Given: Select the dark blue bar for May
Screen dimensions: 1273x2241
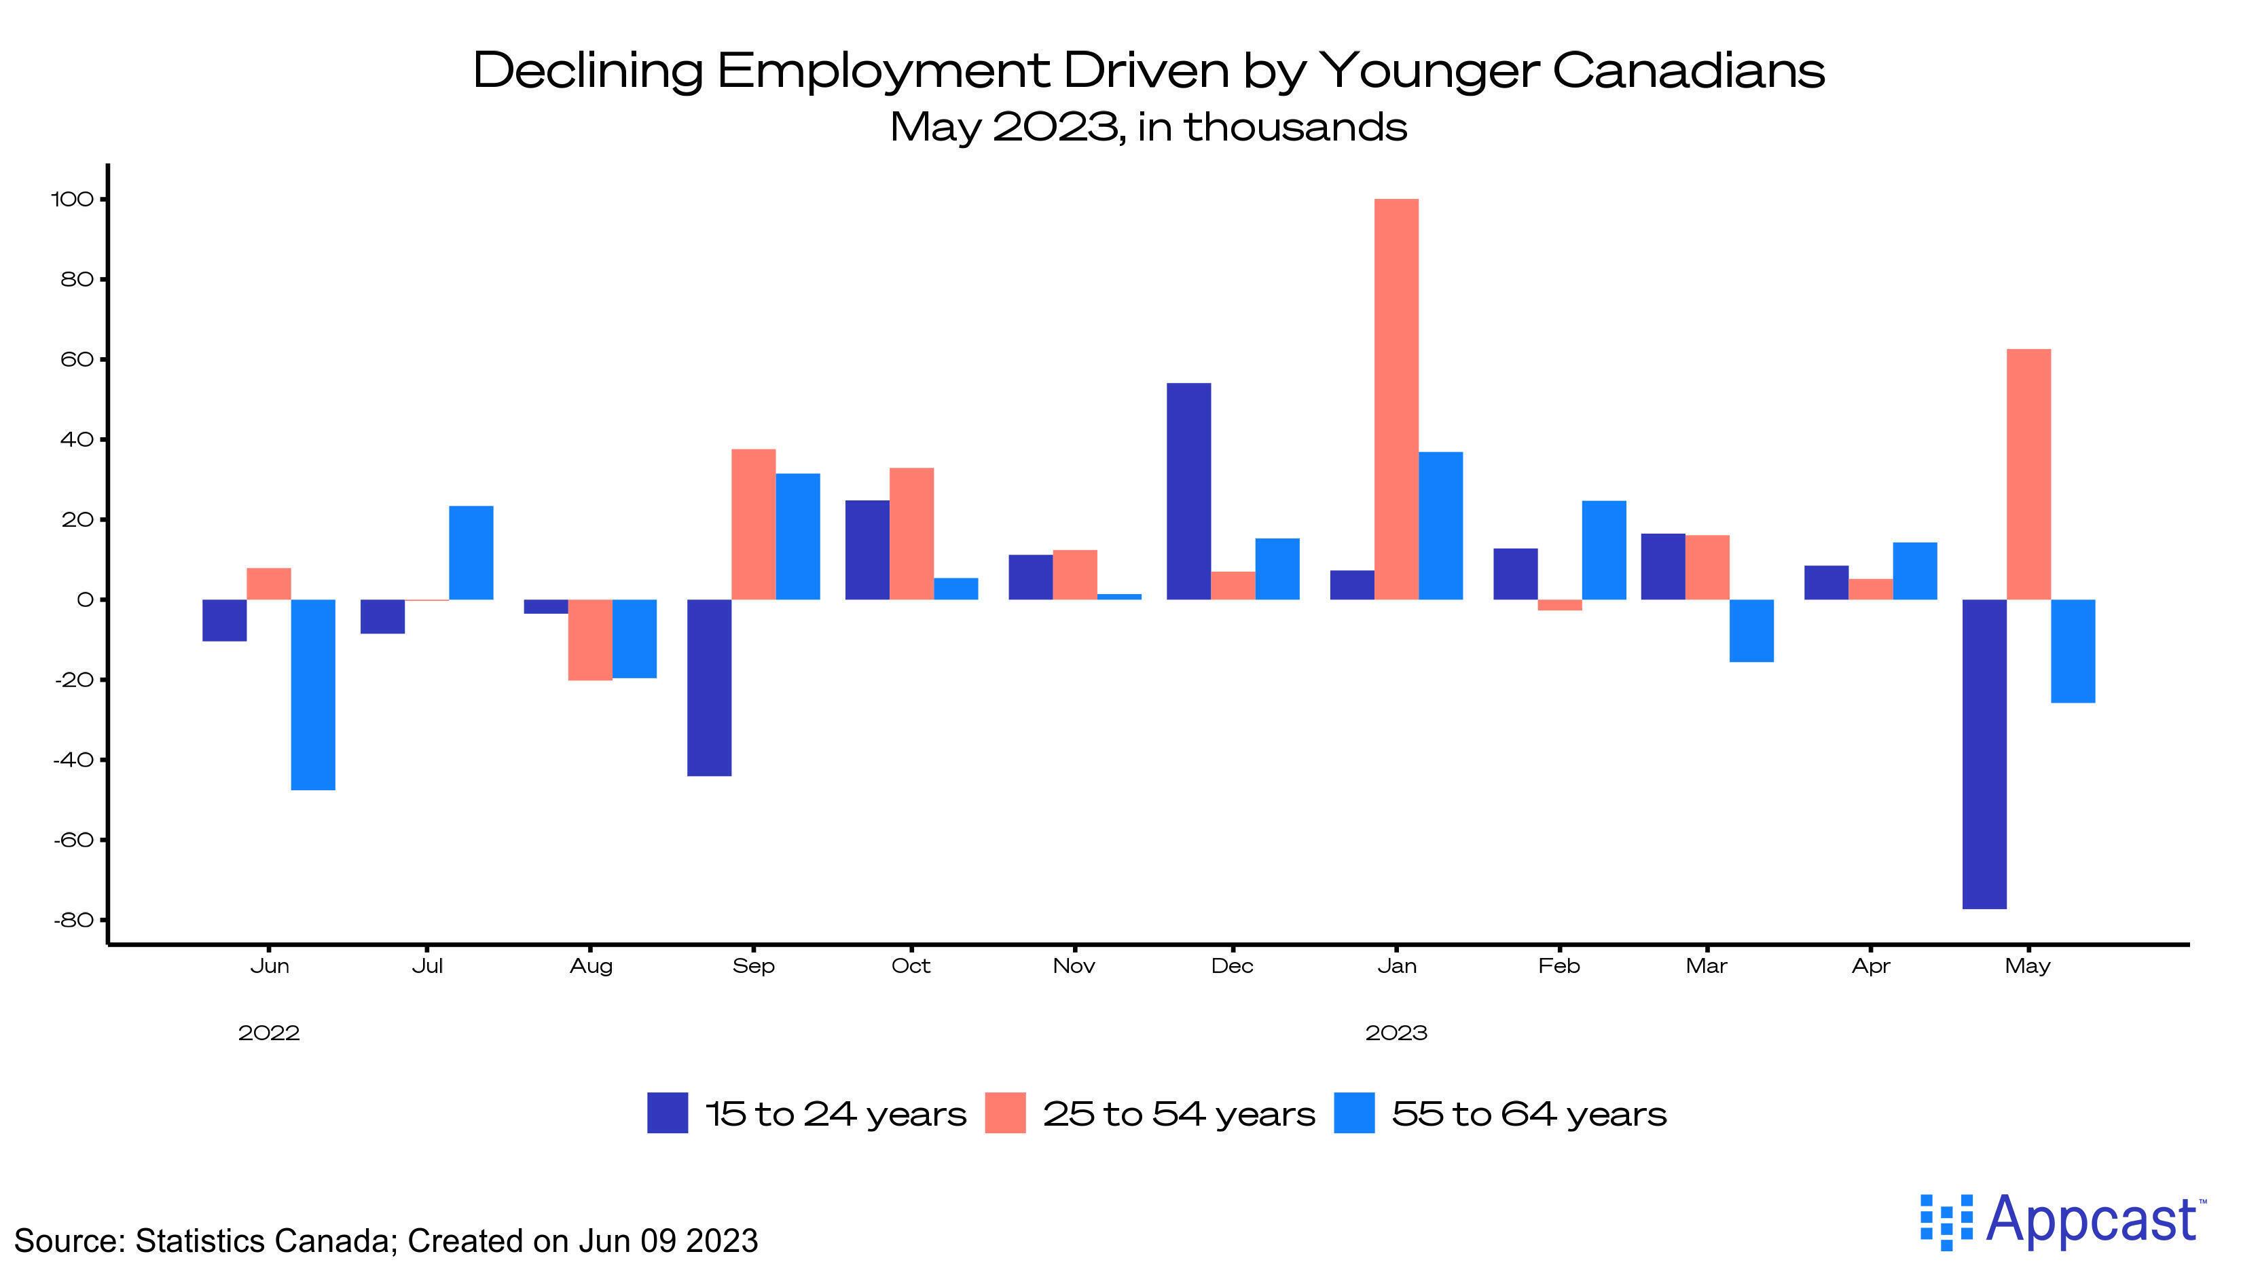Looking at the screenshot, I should coord(1984,754).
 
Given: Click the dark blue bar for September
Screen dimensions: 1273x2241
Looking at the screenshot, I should coord(709,687).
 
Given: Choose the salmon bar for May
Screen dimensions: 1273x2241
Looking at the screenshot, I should coord(2028,474).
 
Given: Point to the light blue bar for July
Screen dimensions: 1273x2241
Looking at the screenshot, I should coord(471,553).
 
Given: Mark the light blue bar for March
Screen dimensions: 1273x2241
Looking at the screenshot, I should coord(1751,630).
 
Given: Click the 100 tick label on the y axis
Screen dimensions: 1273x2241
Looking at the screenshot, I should coord(72,200).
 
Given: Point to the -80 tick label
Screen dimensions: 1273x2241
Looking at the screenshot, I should coord(73,920).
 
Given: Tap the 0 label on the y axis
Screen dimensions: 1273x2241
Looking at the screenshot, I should coord(85,599).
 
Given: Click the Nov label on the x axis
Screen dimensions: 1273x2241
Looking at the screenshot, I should coord(1074,966).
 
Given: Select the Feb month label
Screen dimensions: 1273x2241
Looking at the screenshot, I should coord(1559,966).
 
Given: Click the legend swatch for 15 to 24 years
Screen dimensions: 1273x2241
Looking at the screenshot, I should coord(667,1113).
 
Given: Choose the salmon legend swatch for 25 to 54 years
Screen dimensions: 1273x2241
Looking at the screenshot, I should coord(1004,1113).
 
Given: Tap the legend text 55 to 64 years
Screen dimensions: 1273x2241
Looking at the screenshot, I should coord(1529,1113).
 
